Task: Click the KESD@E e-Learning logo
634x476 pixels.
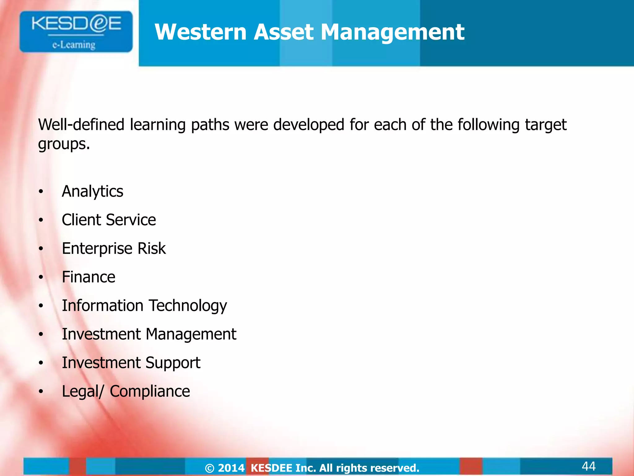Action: pyautogui.click(x=76, y=32)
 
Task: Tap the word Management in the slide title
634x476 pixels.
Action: pyautogui.click(x=392, y=33)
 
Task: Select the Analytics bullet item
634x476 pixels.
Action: pyautogui.click(x=92, y=191)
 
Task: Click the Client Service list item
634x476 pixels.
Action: pyautogui.click(x=109, y=220)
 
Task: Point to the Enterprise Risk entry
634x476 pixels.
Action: pyautogui.click(x=114, y=249)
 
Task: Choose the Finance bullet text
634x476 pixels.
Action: pyautogui.click(x=89, y=277)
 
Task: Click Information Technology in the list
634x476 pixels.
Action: pyautogui.click(x=144, y=306)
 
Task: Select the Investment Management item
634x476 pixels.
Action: pyautogui.click(x=149, y=334)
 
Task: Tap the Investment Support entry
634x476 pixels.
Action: pyautogui.click(x=131, y=363)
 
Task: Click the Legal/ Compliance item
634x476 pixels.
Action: pyautogui.click(x=126, y=391)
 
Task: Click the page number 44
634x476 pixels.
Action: pyautogui.click(x=588, y=466)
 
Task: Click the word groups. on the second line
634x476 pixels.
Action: pyautogui.click(x=64, y=144)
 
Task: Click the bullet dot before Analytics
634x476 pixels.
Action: pyautogui.click(x=41, y=192)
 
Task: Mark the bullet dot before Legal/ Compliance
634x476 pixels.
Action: pyautogui.click(x=41, y=392)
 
